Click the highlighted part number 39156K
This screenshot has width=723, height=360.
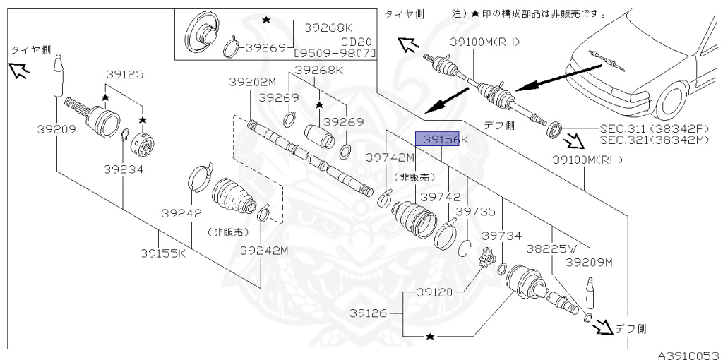(x=441, y=140)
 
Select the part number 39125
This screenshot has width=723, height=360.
(x=124, y=73)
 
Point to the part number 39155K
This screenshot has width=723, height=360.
(x=163, y=252)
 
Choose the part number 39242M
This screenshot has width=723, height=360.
(x=264, y=250)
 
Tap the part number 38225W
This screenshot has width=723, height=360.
(x=551, y=248)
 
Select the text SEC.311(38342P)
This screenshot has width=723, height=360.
(x=654, y=129)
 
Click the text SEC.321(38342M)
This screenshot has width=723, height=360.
(x=654, y=140)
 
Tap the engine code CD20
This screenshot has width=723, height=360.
(x=359, y=42)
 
